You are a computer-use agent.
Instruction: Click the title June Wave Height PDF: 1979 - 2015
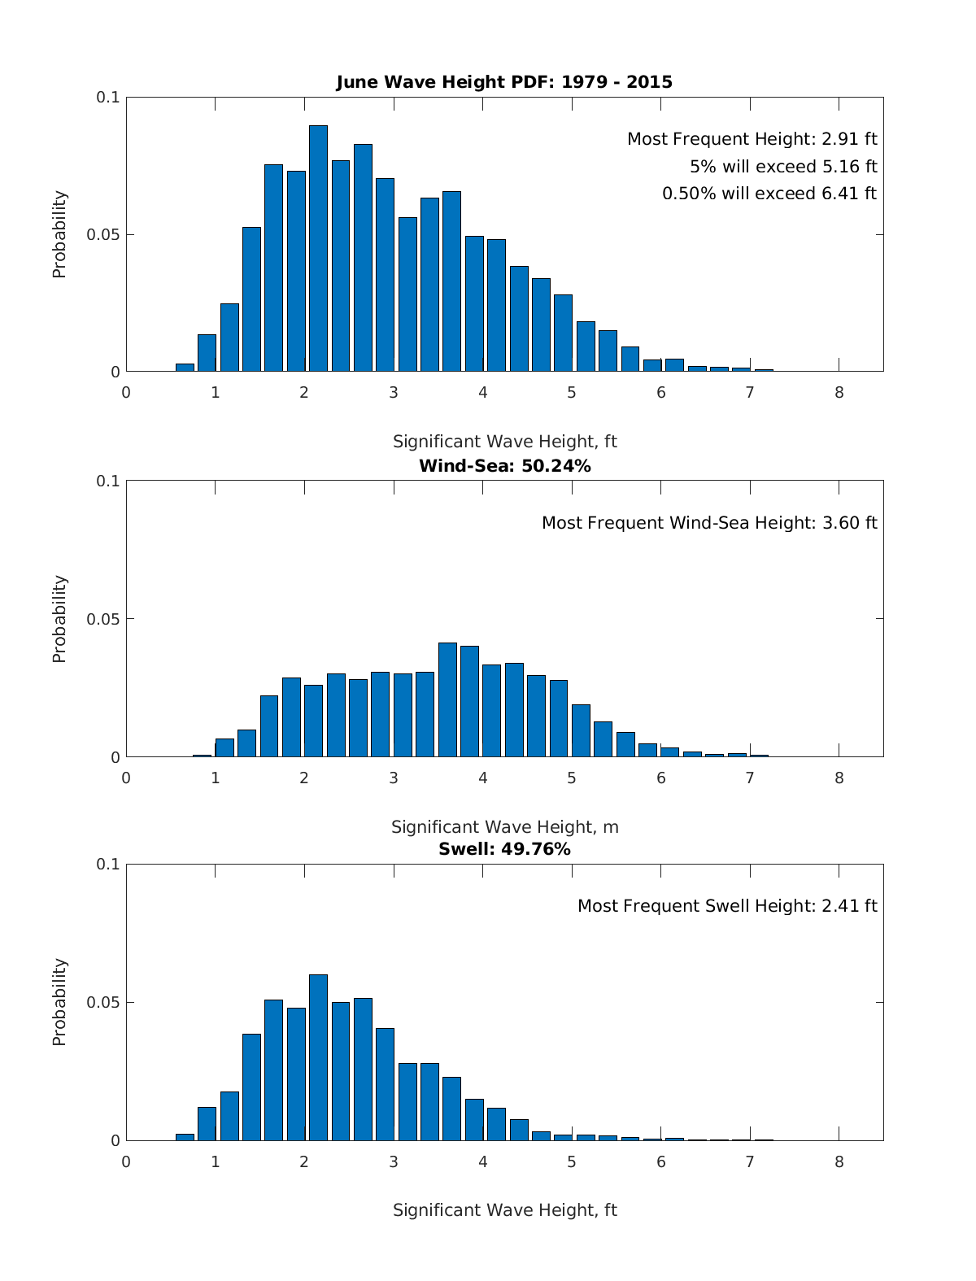click(504, 82)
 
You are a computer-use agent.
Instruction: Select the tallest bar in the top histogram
click(318, 248)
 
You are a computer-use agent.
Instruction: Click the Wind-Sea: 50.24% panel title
click(504, 466)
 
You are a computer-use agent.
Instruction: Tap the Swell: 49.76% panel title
click(504, 849)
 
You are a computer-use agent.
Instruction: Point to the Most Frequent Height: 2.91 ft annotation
click(752, 139)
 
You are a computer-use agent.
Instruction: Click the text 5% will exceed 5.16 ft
click(783, 167)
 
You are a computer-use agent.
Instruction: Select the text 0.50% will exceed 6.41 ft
click(769, 194)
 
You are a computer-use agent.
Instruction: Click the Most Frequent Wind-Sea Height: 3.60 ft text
click(709, 523)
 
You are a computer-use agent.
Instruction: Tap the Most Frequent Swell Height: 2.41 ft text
click(727, 906)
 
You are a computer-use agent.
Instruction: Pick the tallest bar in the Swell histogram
click(318, 1057)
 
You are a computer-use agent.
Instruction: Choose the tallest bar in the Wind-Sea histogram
click(447, 699)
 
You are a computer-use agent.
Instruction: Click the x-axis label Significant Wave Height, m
click(504, 827)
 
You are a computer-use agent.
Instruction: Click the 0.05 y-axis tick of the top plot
click(103, 235)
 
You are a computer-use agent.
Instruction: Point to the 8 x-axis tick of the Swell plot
click(839, 1162)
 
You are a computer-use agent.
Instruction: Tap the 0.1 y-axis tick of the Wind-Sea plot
click(108, 481)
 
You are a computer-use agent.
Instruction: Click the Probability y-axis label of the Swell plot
click(59, 1002)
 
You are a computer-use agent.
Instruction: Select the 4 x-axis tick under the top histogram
click(482, 393)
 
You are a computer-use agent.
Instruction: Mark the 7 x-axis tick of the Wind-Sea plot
click(750, 778)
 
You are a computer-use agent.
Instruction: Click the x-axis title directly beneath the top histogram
click(504, 442)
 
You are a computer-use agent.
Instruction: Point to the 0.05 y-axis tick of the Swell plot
click(103, 1003)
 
